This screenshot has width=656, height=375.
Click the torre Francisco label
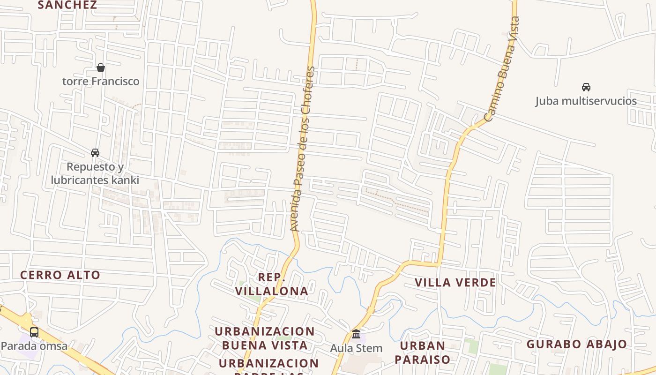pyautogui.click(x=101, y=81)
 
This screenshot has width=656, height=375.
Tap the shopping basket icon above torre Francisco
pyautogui.click(x=101, y=67)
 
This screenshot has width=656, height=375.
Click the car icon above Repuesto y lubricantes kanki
pyautogui.click(x=95, y=152)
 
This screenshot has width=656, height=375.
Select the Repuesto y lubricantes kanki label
pyautogui.click(x=95, y=173)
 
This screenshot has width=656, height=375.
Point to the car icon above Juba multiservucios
pyautogui.click(x=586, y=87)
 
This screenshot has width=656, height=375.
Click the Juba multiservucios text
pyautogui.click(x=586, y=101)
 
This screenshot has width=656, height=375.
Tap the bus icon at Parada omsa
pyautogui.click(x=34, y=332)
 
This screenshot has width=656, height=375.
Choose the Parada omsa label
pyautogui.click(x=34, y=346)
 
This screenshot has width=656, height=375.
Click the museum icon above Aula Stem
pyautogui.click(x=356, y=334)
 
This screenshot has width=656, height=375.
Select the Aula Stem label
pyautogui.click(x=356, y=348)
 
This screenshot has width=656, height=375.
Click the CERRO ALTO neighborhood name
pyautogui.click(x=60, y=275)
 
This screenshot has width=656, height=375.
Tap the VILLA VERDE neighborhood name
pyautogui.click(x=455, y=283)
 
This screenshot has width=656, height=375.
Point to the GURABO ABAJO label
pyautogui.click(x=576, y=344)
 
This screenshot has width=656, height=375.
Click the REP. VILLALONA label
pyautogui.click(x=272, y=284)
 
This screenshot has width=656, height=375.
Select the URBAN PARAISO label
pyautogui.click(x=422, y=352)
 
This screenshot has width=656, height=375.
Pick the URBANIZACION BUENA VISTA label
pyautogui.click(x=265, y=338)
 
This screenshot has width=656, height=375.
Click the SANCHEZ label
pyautogui.click(x=67, y=5)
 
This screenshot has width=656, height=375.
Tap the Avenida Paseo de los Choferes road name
pyautogui.click(x=302, y=149)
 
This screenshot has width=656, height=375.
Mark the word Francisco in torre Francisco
pyautogui.click(x=115, y=81)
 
